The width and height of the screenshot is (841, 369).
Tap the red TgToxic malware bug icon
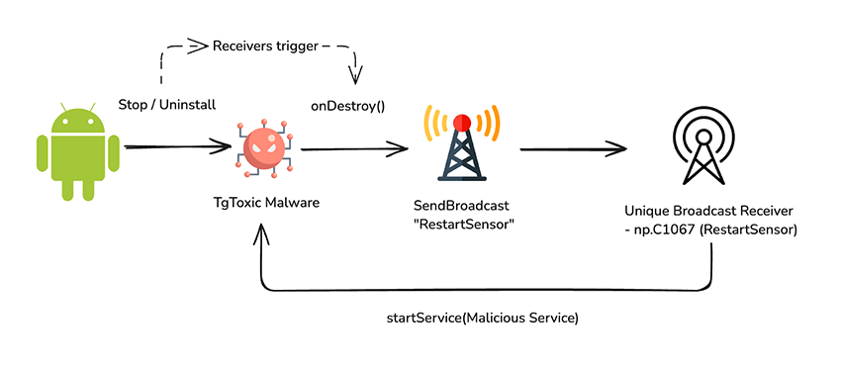point(263,148)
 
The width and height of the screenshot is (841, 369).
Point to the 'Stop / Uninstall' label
point(167,104)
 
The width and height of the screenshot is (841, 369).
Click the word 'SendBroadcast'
point(459,206)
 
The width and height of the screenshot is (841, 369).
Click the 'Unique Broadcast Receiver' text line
point(709,212)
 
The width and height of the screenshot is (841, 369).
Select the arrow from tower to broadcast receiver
point(574,150)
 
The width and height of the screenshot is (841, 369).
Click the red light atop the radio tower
point(461,124)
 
